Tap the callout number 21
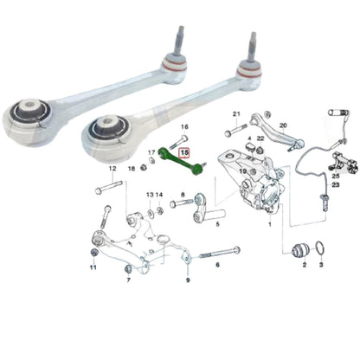pyautogui.click(x=236, y=115)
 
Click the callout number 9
pyautogui.click(x=188, y=280)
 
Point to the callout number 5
pyautogui.click(x=217, y=223)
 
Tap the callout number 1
pyautogui.click(x=269, y=223)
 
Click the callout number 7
pyautogui.click(x=129, y=280)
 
